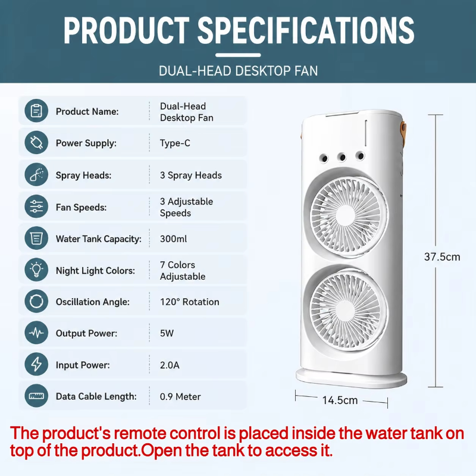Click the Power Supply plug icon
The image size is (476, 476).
coord(36,142)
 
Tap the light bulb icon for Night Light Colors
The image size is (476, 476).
coord(36,270)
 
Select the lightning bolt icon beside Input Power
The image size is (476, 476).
coord(36,364)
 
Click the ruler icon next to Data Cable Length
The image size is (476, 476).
coord(36,396)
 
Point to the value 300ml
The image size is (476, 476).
coord(173,239)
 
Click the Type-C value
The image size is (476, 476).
coord(175,143)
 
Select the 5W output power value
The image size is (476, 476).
coord(167,333)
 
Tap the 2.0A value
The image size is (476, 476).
coord(170,365)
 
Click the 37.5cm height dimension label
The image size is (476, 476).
coord(442,257)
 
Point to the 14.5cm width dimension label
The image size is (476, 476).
coord(340,400)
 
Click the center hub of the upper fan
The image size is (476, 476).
coord(346,216)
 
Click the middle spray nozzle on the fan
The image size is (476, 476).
coord(342,157)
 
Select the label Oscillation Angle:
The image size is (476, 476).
coord(93,302)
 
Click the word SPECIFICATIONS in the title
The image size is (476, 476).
coord(306,30)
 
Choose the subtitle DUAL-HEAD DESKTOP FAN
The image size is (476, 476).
coord(239,71)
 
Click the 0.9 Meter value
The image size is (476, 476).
coord(180,396)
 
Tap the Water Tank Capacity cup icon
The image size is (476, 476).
coord(36,237)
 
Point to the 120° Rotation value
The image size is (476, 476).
coord(189,302)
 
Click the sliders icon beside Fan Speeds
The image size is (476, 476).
coord(36,206)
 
